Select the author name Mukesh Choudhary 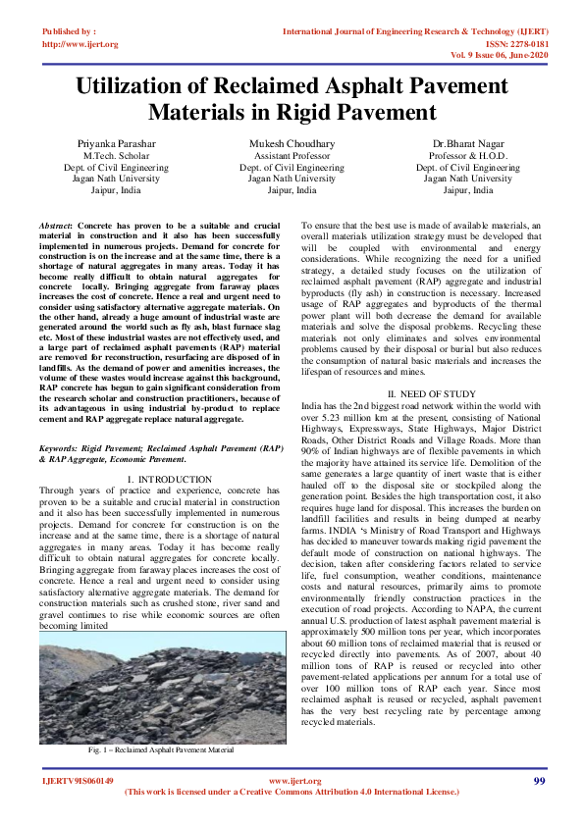(292, 143)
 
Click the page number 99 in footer (539, 780)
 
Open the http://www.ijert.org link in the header (80, 44)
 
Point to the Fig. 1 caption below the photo (161, 749)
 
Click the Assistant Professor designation (292, 156)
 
